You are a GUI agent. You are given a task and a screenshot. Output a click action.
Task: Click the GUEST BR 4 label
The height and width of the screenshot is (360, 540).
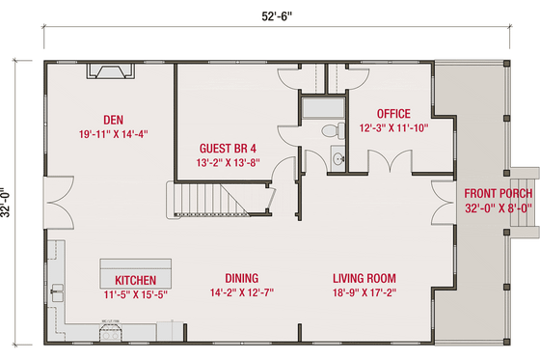point(228,149)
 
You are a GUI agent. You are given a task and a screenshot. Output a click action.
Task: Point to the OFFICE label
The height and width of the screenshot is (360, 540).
point(392,112)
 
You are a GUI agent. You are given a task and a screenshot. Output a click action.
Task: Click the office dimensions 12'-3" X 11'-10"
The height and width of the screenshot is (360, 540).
point(393,126)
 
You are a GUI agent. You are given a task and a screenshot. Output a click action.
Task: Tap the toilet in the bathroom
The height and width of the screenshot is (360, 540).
point(328,128)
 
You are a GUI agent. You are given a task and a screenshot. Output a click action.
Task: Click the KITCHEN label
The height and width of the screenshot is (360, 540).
point(135,281)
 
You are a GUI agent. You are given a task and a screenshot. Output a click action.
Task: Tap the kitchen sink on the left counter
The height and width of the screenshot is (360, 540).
point(59,289)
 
